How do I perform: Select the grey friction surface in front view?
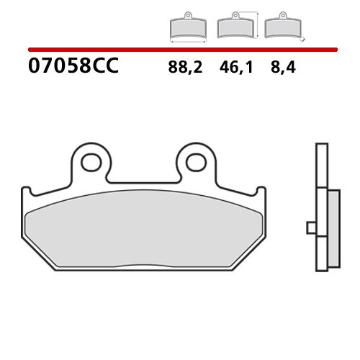pos(143,230)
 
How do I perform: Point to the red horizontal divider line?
pos(180,50)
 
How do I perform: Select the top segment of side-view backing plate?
pos(320,166)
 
